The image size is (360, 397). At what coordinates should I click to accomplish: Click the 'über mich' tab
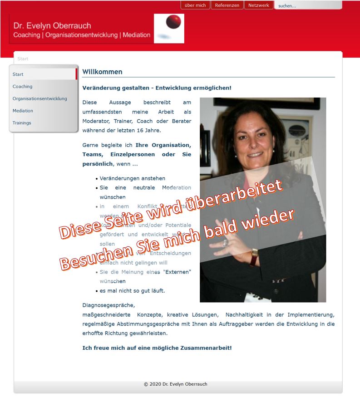[x=195, y=5]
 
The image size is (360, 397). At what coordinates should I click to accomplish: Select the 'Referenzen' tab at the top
[x=227, y=5]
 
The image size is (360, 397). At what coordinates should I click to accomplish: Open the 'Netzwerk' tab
[x=259, y=5]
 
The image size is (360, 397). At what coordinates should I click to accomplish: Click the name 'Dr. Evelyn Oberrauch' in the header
[x=52, y=26]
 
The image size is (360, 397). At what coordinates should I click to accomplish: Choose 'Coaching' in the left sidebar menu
[x=23, y=87]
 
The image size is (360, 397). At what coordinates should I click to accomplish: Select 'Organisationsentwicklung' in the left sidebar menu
[x=40, y=99]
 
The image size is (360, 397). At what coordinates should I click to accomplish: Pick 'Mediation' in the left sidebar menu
[x=23, y=111]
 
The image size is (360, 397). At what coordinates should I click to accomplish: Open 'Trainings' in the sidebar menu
[x=22, y=123]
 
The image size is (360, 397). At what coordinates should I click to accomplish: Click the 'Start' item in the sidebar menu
[x=18, y=74]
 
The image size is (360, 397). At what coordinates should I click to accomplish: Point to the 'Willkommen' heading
[x=102, y=72]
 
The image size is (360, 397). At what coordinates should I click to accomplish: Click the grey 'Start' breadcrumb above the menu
[x=23, y=59]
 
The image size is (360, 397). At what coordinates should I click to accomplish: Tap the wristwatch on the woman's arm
[x=254, y=257]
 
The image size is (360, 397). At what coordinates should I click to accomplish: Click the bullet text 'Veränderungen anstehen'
[x=133, y=179]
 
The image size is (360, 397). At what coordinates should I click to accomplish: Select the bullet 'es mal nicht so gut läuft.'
[x=132, y=291]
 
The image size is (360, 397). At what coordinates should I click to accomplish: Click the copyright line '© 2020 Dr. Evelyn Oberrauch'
[x=175, y=384]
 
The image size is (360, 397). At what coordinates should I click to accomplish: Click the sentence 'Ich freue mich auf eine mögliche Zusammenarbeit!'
[x=157, y=348]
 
